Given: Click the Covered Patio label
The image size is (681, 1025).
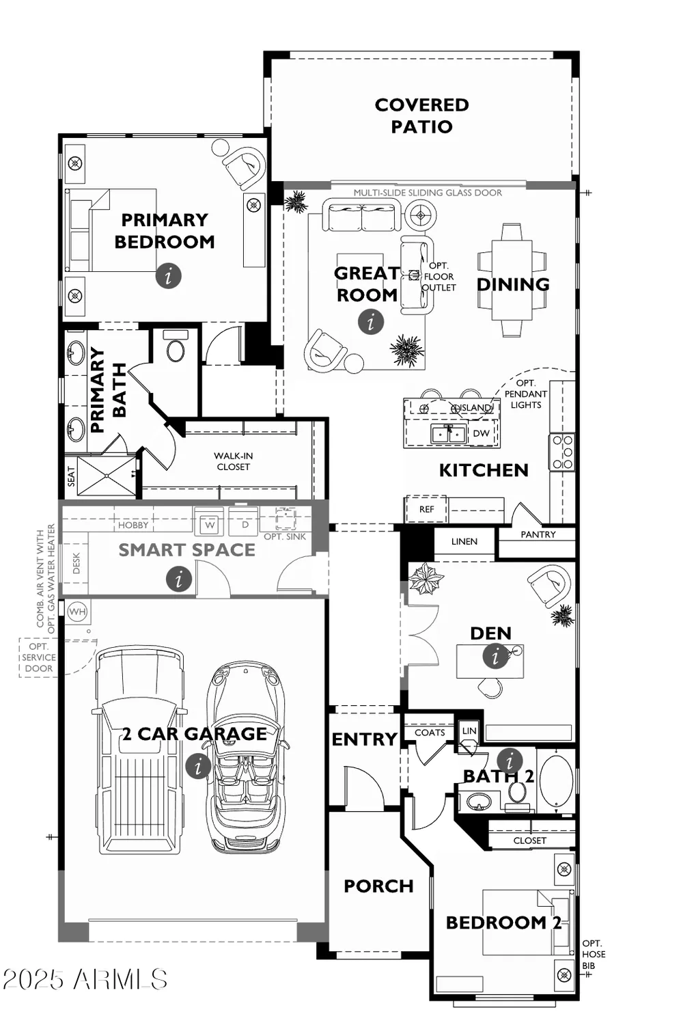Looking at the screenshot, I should pyautogui.click(x=421, y=115).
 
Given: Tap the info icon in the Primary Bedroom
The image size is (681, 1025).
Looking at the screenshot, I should pyautogui.click(x=169, y=275).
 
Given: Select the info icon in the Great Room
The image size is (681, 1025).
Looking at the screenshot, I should pyautogui.click(x=371, y=320).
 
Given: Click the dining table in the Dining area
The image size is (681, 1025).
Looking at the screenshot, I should pyautogui.click(x=512, y=280).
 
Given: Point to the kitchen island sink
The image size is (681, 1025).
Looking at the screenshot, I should pyautogui.click(x=449, y=433).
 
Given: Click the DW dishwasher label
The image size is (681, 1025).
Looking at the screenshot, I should pyautogui.click(x=481, y=433).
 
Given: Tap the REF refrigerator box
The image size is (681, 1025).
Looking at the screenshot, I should pyautogui.click(x=426, y=509).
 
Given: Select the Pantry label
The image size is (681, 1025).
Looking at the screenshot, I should pyautogui.click(x=538, y=534).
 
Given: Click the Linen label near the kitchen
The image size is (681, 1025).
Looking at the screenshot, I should pyautogui.click(x=464, y=541).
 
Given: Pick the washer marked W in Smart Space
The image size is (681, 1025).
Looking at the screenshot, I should pyautogui.click(x=210, y=525).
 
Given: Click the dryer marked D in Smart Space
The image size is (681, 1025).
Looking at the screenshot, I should pyautogui.click(x=245, y=525).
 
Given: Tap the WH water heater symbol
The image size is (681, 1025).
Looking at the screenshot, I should pyautogui.click(x=77, y=612).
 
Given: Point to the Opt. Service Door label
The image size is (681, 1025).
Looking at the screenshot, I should pyautogui.click(x=38, y=657).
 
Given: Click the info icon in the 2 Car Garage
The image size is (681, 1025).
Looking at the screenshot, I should pyautogui.click(x=198, y=765).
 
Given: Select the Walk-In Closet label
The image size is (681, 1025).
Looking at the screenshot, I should pyautogui.click(x=233, y=461).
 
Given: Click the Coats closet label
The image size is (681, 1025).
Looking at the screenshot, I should pyautogui.click(x=430, y=733).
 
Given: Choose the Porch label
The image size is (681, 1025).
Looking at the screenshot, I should pyautogui.click(x=378, y=886).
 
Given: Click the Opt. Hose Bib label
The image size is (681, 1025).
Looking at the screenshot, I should pyautogui.click(x=594, y=954).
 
